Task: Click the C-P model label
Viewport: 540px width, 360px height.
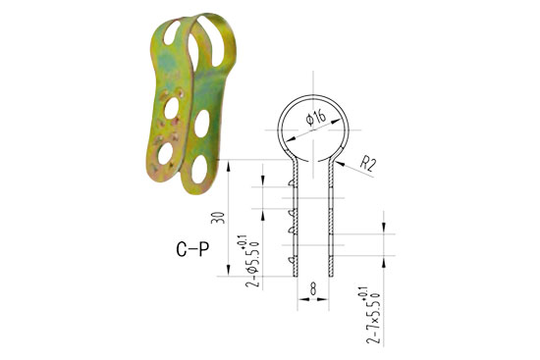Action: (x=186, y=251)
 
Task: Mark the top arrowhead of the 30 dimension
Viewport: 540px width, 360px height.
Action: (x=229, y=161)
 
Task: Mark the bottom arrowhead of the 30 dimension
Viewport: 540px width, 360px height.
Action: (x=229, y=276)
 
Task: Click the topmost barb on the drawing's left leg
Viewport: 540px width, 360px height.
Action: (x=294, y=181)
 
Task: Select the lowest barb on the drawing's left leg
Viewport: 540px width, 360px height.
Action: (x=294, y=261)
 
